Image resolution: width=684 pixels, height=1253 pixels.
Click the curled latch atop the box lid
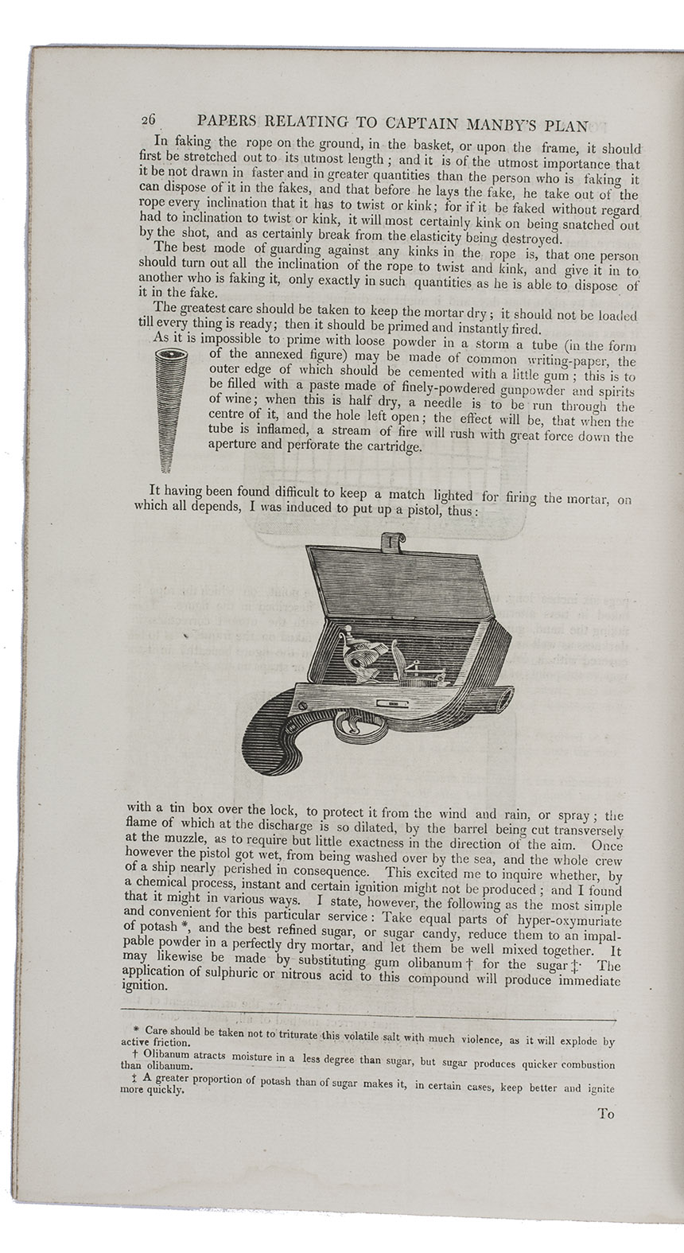(391, 540)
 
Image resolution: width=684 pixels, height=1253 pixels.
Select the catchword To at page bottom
(606, 1114)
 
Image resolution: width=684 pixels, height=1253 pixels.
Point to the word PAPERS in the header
(226, 123)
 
